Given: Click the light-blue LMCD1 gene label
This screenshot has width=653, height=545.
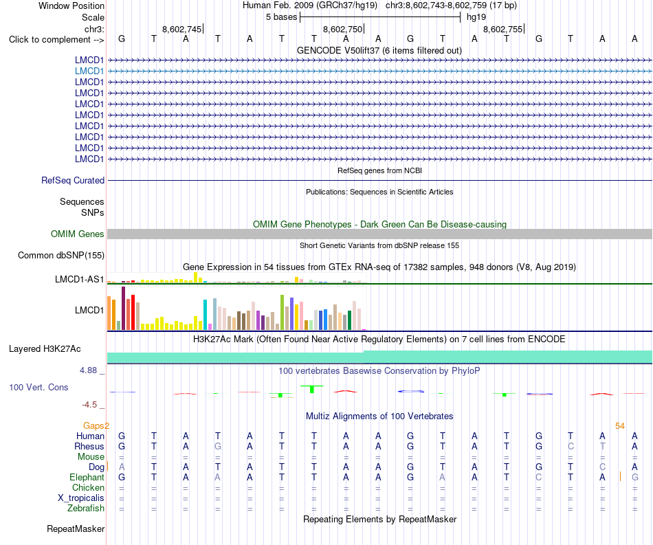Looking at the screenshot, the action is click(x=89, y=71).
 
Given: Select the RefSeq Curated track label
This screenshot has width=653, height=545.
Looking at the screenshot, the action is click(x=73, y=180).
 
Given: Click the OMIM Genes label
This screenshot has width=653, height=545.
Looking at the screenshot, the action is click(x=78, y=234).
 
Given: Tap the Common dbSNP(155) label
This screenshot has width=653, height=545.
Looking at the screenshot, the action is click(x=61, y=255).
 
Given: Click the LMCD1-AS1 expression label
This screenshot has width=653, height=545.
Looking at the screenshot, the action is click(x=80, y=279).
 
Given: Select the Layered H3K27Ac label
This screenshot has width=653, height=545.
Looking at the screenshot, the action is click(x=45, y=349).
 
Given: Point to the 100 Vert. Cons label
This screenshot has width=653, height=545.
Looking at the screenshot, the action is click(x=38, y=387).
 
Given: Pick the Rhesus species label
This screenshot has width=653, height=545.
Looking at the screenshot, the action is click(x=89, y=446).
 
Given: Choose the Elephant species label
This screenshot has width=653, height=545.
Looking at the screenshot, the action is click(x=87, y=477).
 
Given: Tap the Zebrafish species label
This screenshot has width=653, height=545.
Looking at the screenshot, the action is click(x=86, y=509).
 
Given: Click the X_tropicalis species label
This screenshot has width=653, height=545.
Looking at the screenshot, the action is click(x=81, y=498).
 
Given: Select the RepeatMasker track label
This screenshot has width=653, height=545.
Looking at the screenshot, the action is click(x=76, y=529).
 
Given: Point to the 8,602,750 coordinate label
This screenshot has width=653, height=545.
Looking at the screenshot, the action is click(x=343, y=29).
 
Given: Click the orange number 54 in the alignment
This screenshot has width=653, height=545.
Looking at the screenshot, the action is click(x=620, y=425).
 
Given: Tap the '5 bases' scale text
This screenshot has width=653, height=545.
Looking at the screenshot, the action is click(x=282, y=17).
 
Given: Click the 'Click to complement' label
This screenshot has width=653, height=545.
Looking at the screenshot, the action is click(x=56, y=40).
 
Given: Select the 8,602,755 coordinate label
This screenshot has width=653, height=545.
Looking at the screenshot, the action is click(x=502, y=29).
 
